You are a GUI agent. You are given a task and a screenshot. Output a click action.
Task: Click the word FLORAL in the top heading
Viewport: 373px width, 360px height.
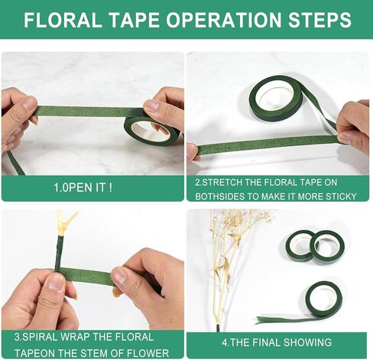63,20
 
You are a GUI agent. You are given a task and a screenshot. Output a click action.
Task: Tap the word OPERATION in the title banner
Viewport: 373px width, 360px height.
224,20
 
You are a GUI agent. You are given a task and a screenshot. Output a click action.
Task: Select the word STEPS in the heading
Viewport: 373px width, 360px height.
319,20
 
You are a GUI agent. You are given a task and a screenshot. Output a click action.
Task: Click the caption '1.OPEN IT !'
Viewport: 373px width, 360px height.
83,188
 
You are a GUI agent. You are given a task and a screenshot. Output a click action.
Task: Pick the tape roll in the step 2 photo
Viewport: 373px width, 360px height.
275,98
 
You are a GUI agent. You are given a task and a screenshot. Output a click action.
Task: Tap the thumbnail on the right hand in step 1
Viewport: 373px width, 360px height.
151,105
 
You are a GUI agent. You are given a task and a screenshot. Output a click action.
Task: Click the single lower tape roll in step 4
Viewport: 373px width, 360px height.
323,300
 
